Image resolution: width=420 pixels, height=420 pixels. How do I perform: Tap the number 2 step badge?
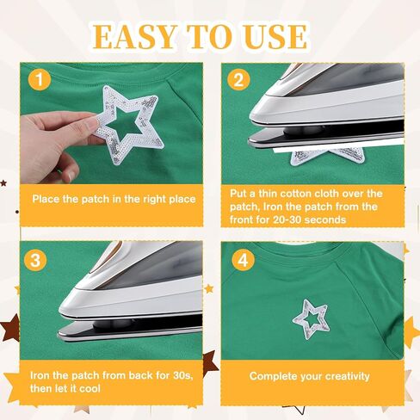tap(238, 81)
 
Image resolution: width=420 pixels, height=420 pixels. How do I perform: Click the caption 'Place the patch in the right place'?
tap(114, 199)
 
